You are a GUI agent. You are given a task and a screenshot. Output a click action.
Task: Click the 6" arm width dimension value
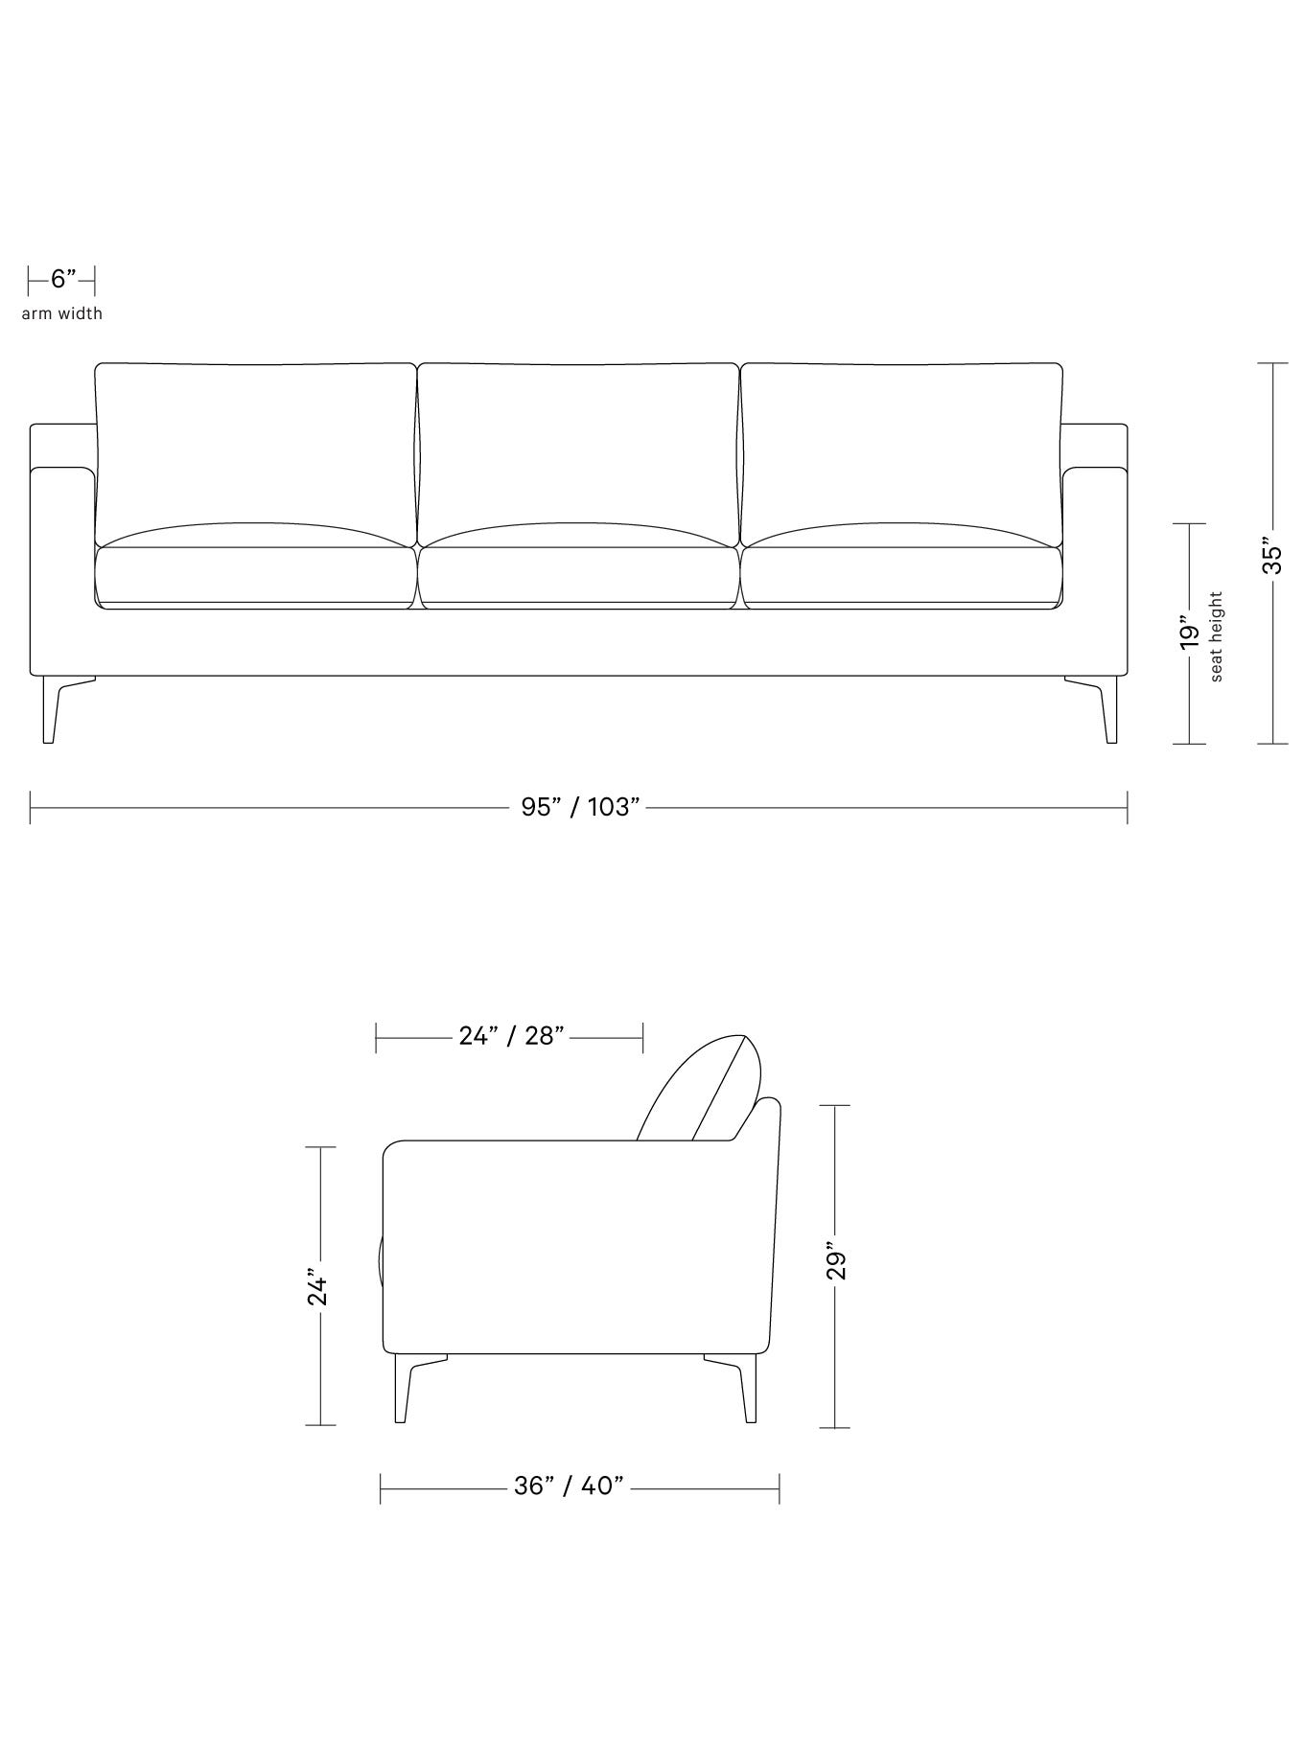coord(62,280)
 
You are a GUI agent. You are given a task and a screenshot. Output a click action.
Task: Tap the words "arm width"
coord(62,313)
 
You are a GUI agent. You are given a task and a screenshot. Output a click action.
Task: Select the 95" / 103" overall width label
coord(579,807)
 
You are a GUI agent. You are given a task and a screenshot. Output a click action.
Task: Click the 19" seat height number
coord(1189,634)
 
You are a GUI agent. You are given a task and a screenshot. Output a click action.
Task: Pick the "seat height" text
coord(1217,636)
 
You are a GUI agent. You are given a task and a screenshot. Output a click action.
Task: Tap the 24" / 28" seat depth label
coord(511,1036)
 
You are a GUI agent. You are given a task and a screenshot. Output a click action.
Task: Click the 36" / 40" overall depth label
coord(569,1486)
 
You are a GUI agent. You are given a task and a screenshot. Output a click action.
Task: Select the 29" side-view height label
coord(836,1265)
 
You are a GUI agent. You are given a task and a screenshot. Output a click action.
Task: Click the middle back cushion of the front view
coord(578,441)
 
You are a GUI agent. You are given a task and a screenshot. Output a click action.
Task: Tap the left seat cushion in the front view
coord(256,575)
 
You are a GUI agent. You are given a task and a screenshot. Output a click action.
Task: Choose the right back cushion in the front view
coord(901,441)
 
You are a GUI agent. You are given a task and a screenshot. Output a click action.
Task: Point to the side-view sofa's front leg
coord(403,1390)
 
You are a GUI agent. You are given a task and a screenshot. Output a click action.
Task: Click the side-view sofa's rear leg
coord(747,1390)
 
